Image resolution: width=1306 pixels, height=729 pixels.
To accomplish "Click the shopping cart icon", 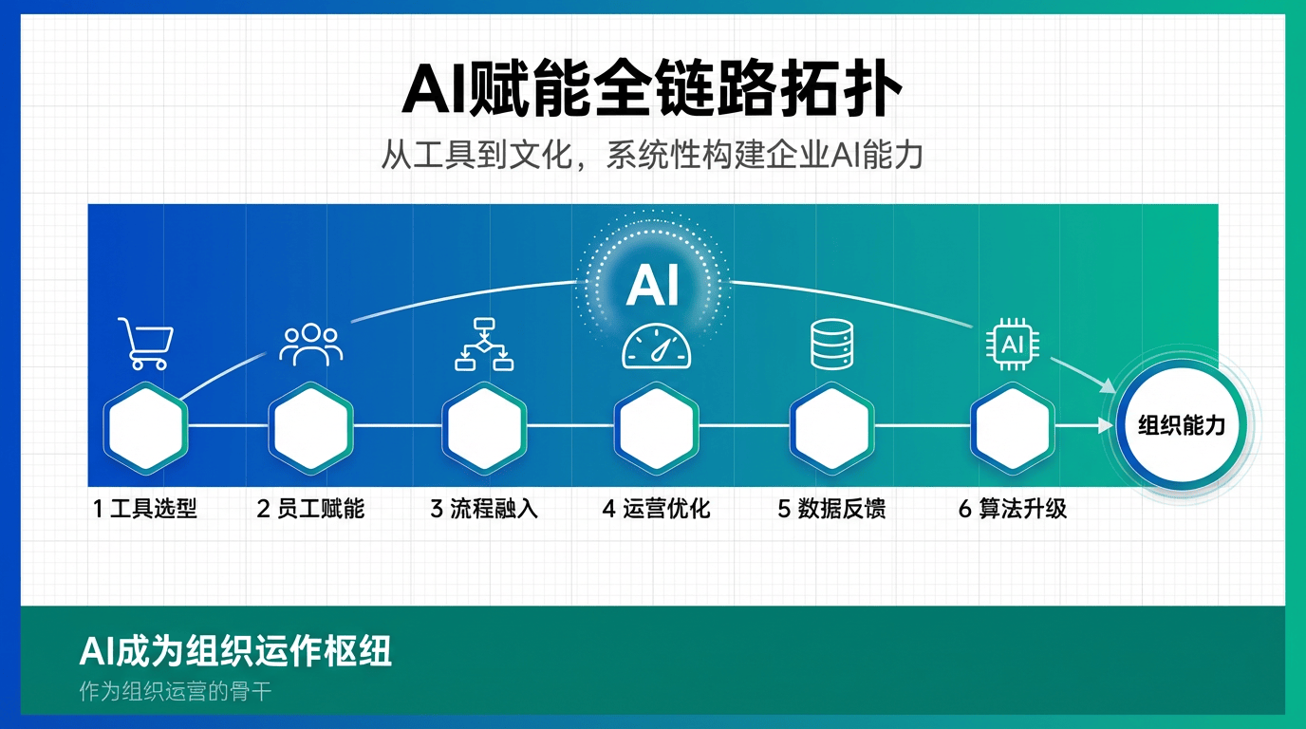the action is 146,344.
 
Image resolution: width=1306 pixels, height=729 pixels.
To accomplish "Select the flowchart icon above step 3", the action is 484,344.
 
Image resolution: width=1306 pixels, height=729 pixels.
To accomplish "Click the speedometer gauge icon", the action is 657,346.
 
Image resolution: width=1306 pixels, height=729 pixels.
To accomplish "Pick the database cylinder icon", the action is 832,344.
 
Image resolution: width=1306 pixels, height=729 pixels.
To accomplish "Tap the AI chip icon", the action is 1013,344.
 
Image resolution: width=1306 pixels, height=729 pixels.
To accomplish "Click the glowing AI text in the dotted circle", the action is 653,285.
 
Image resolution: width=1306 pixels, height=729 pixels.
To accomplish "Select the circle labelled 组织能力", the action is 1182,425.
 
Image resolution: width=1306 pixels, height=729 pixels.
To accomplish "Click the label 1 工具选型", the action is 145,509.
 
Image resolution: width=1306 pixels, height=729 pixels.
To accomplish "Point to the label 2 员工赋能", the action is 310,509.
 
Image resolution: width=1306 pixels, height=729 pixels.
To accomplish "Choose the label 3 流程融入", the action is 484,509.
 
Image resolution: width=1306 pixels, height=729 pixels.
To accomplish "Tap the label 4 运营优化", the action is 657,509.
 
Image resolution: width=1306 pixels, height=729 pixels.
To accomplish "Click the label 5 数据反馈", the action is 832,509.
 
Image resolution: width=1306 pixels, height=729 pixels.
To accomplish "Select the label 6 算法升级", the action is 1013,509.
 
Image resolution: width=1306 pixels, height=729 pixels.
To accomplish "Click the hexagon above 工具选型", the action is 146,428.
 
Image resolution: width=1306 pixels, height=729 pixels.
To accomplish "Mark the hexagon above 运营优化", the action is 657,428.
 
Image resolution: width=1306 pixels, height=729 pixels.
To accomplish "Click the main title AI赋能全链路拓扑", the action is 652,88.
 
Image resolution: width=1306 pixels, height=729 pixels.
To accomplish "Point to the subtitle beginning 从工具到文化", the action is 652,155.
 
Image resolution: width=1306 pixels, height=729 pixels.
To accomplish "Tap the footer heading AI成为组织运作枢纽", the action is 235,651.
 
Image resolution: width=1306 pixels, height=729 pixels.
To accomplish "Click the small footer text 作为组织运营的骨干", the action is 176,692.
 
